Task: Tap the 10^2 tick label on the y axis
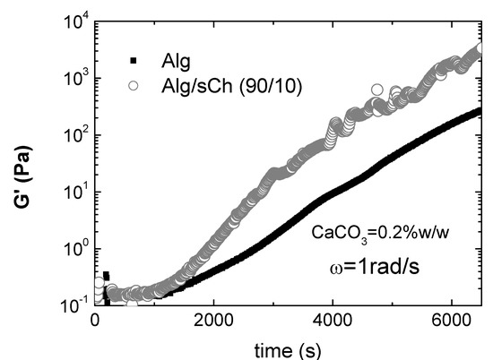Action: tap(71, 135)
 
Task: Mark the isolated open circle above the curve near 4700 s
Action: tap(376, 90)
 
